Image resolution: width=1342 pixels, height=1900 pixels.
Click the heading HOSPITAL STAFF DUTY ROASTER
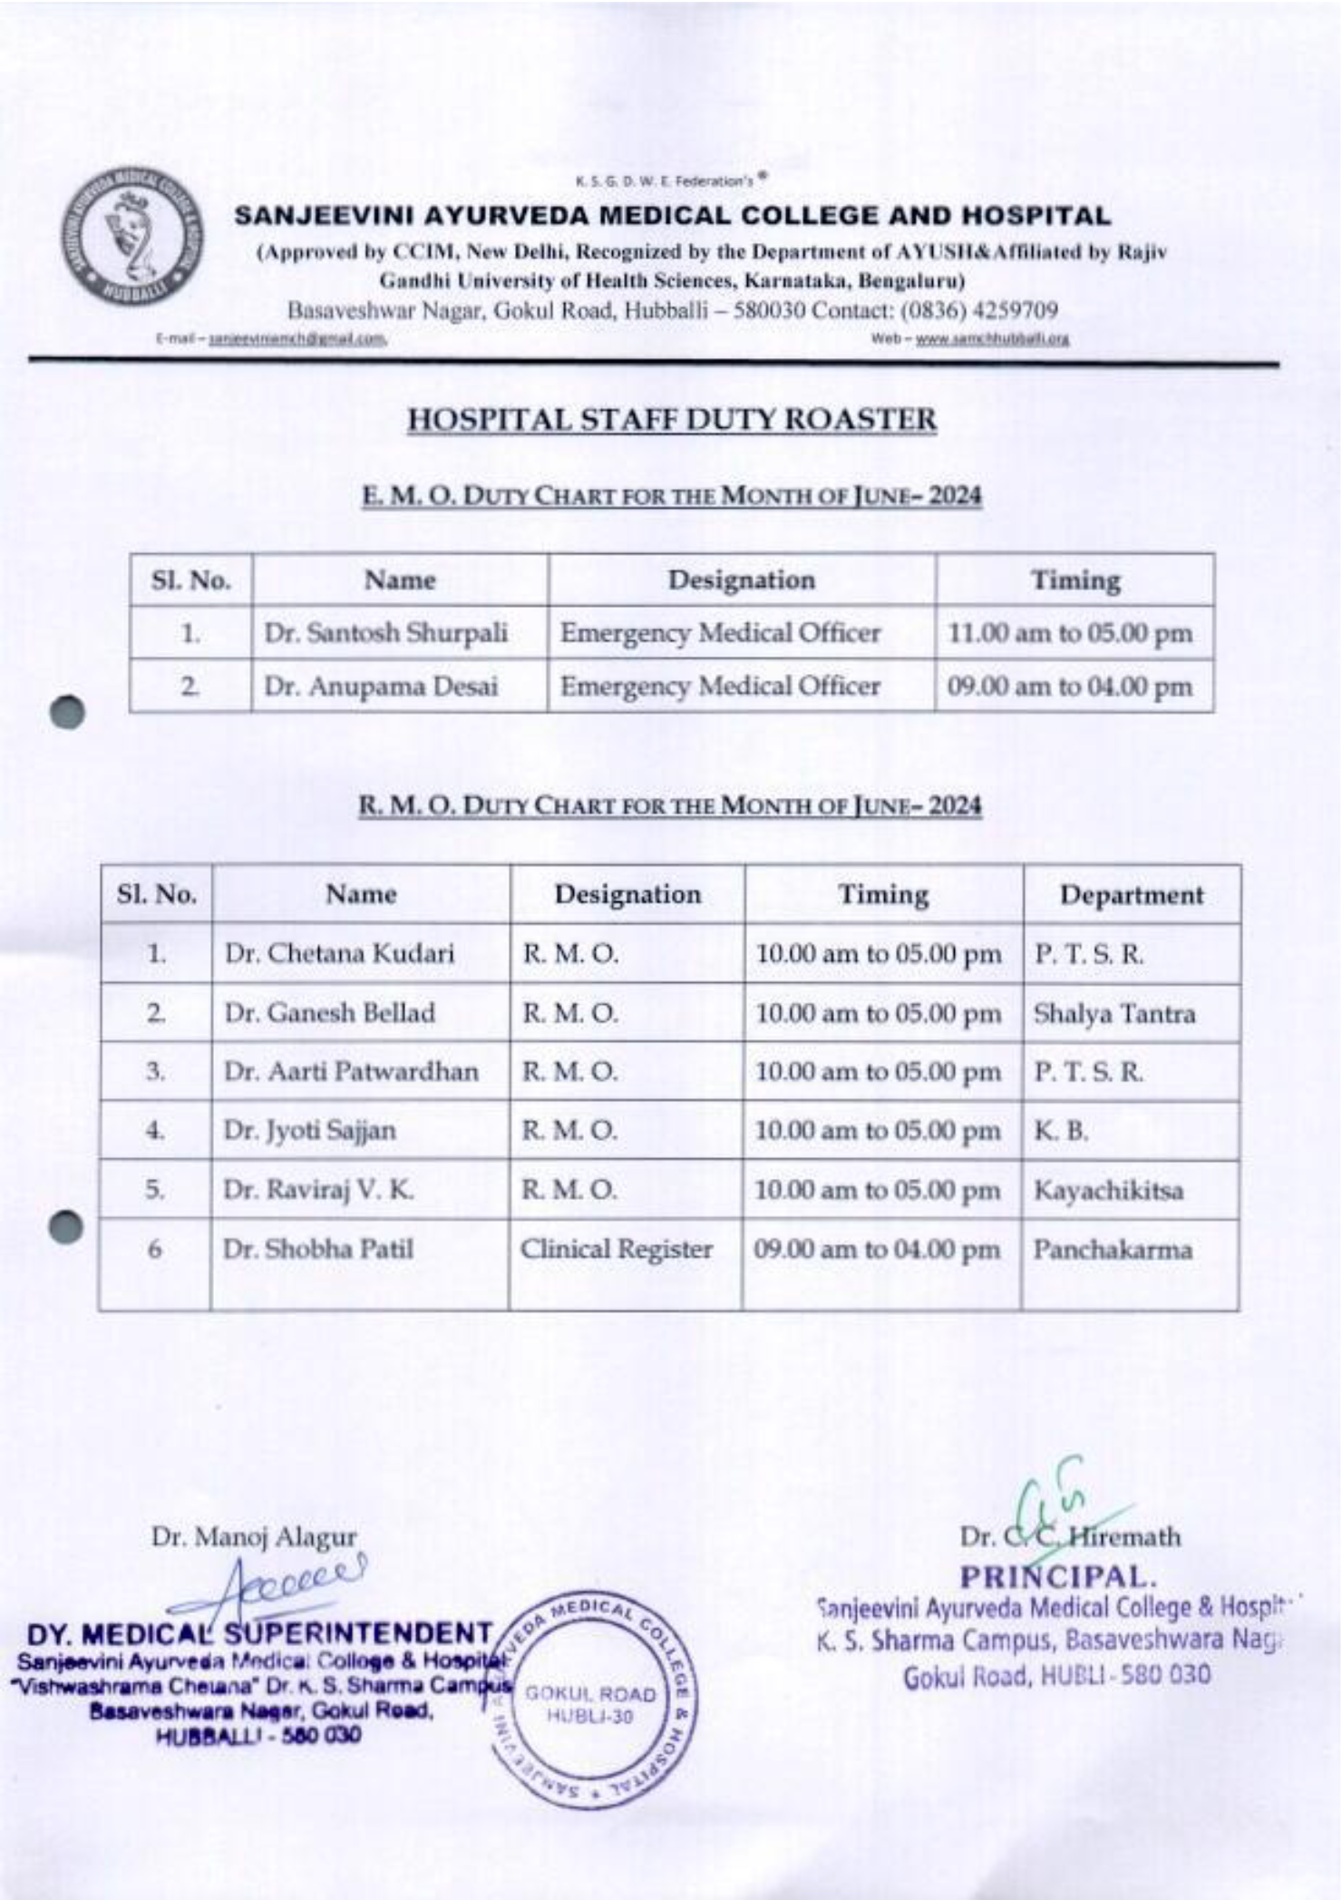click(x=671, y=420)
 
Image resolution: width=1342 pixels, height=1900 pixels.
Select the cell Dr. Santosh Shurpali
click(x=385, y=633)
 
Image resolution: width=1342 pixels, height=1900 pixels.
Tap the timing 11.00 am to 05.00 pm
click(x=1070, y=633)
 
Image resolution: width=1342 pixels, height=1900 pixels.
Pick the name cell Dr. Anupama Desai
click(x=381, y=687)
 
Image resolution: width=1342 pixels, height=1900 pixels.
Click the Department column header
click(x=1132, y=895)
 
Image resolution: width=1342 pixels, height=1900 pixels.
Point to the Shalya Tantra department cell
click(x=1114, y=1013)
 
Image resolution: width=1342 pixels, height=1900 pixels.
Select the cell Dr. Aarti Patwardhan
click(x=351, y=1072)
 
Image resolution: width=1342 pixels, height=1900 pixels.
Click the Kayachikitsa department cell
click(x=1108, y=1190)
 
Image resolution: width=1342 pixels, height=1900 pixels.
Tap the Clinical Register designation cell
click(x=617, y=1250)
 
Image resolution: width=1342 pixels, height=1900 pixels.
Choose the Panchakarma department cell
click(x=1112, y=1250)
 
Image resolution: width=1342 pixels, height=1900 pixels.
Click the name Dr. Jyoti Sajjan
click(x=310, y=1131)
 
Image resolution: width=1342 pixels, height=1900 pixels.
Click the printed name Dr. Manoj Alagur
click(x=254, y=1537)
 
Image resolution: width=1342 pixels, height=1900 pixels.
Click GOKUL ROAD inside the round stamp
click(x=591, y=1694)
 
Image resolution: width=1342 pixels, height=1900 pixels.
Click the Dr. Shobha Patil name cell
click(x=318, y=1250)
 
